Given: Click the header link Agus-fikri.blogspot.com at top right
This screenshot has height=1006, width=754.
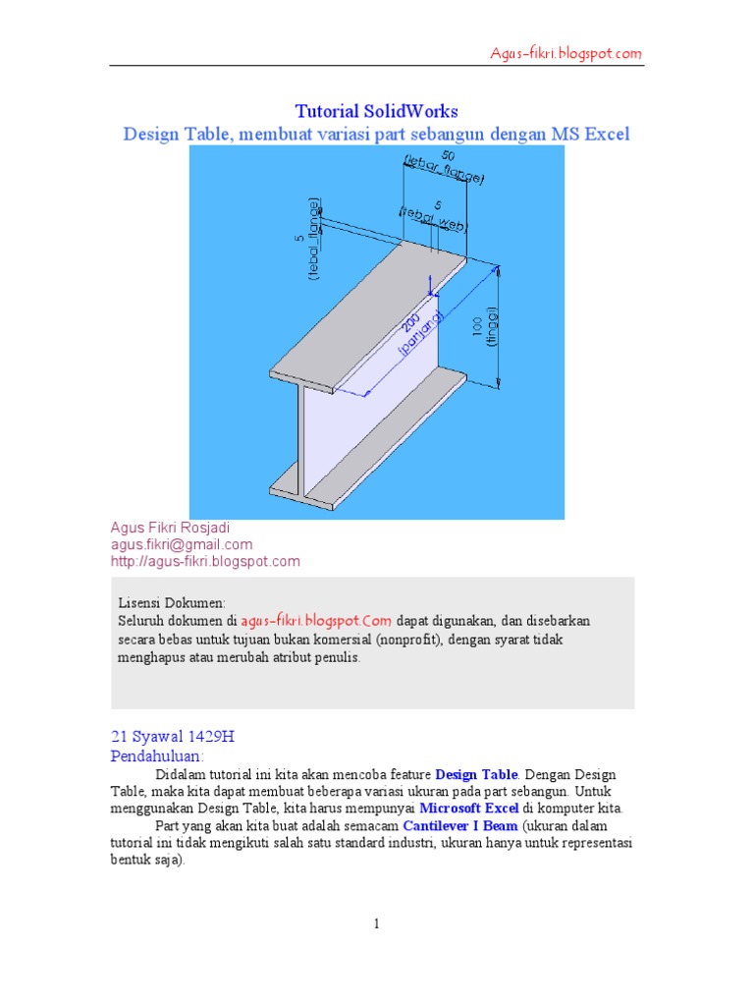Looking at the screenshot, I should click(566, 54).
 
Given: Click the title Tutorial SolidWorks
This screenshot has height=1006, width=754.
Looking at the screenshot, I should click(377, 111).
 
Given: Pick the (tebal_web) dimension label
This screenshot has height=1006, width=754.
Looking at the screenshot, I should click(433, 219).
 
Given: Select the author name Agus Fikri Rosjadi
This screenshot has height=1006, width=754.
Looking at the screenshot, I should click(170, 528).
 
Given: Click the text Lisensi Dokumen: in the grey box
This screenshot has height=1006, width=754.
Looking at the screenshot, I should click(172, 602).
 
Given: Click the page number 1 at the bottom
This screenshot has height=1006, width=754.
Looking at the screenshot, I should click(376, 923).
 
